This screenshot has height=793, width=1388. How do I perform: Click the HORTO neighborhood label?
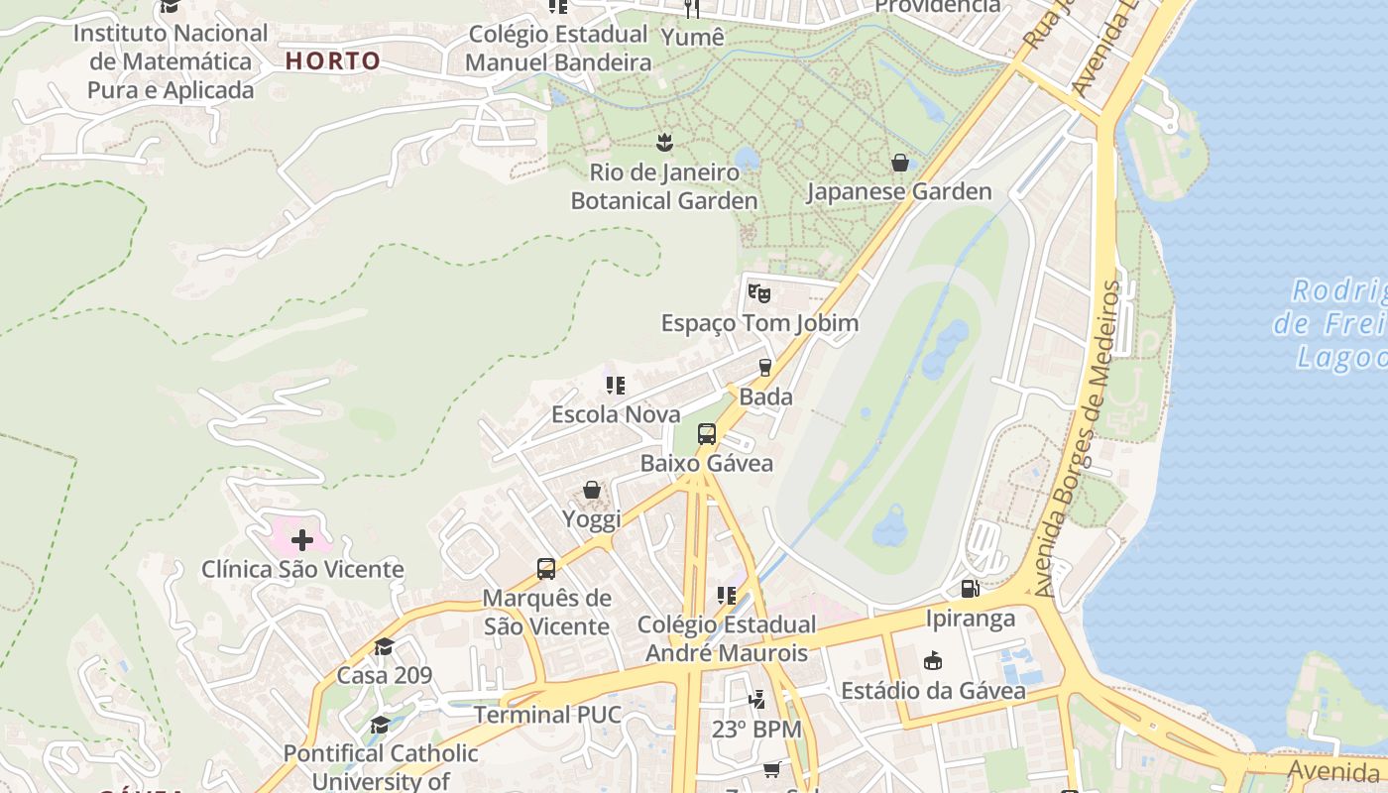point(333,61)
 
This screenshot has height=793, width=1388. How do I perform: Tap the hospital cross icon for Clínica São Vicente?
point(302,540)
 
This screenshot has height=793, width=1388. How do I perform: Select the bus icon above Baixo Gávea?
point(707,434)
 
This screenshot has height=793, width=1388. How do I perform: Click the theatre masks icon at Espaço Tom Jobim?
point(759,293)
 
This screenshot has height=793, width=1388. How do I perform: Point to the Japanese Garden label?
point(898,192)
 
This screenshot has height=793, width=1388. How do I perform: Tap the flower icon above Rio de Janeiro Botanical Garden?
point(663,142)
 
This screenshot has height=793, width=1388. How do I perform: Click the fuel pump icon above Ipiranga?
point(970,589)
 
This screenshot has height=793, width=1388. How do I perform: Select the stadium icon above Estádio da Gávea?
point(933,660)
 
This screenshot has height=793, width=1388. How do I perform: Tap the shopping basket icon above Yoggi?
point(592,490)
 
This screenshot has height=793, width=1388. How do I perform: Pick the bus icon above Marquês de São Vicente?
point(546,569)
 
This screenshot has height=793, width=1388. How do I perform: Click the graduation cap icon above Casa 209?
point(384,646)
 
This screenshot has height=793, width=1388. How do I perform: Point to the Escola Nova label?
point(616,414)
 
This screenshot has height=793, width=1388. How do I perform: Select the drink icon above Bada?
point(765,368)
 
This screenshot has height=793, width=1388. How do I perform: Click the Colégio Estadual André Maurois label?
point(727,639)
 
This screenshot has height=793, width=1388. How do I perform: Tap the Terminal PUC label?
point(547,715)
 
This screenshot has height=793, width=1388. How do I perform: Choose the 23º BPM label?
point(756,730)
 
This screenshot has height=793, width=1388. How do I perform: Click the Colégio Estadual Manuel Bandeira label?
point(558,48)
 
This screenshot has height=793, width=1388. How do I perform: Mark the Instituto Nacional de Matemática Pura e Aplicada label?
point(171,61)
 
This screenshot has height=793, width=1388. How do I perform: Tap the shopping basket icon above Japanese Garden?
point(899,163)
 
